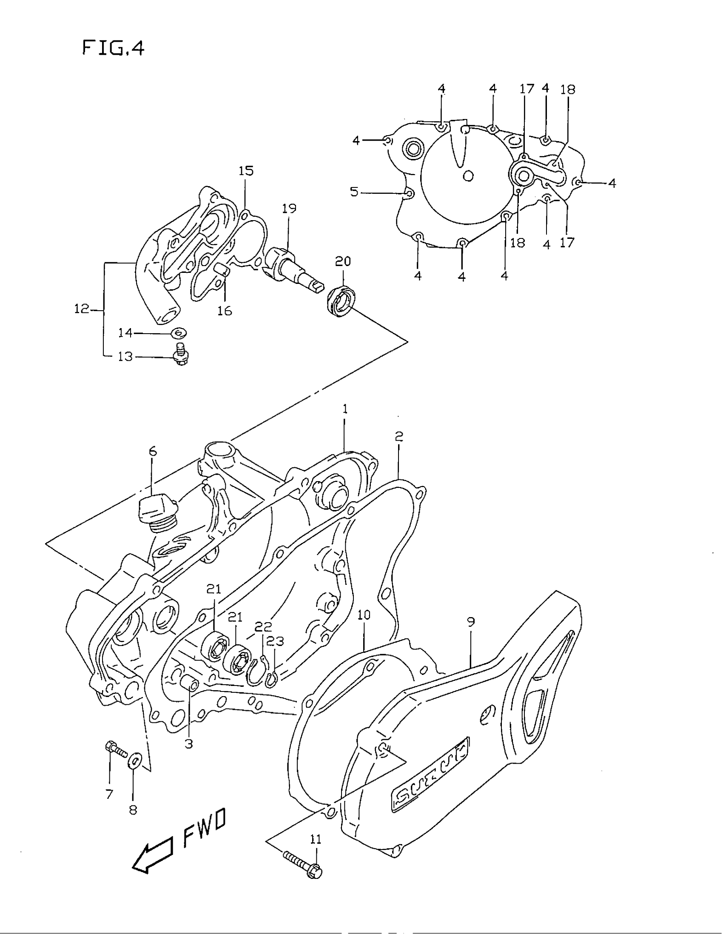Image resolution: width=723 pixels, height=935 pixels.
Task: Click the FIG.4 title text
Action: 113,48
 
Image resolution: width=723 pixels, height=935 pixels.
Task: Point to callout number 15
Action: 246,171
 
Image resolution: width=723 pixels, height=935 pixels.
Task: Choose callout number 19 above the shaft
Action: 289,209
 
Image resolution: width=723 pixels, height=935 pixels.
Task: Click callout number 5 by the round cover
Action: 354,192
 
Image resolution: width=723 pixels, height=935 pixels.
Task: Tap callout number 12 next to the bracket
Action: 81,309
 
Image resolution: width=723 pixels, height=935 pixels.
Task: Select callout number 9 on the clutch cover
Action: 471,622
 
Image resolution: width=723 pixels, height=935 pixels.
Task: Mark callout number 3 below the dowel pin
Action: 189,744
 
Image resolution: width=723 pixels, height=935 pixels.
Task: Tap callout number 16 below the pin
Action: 225,310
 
